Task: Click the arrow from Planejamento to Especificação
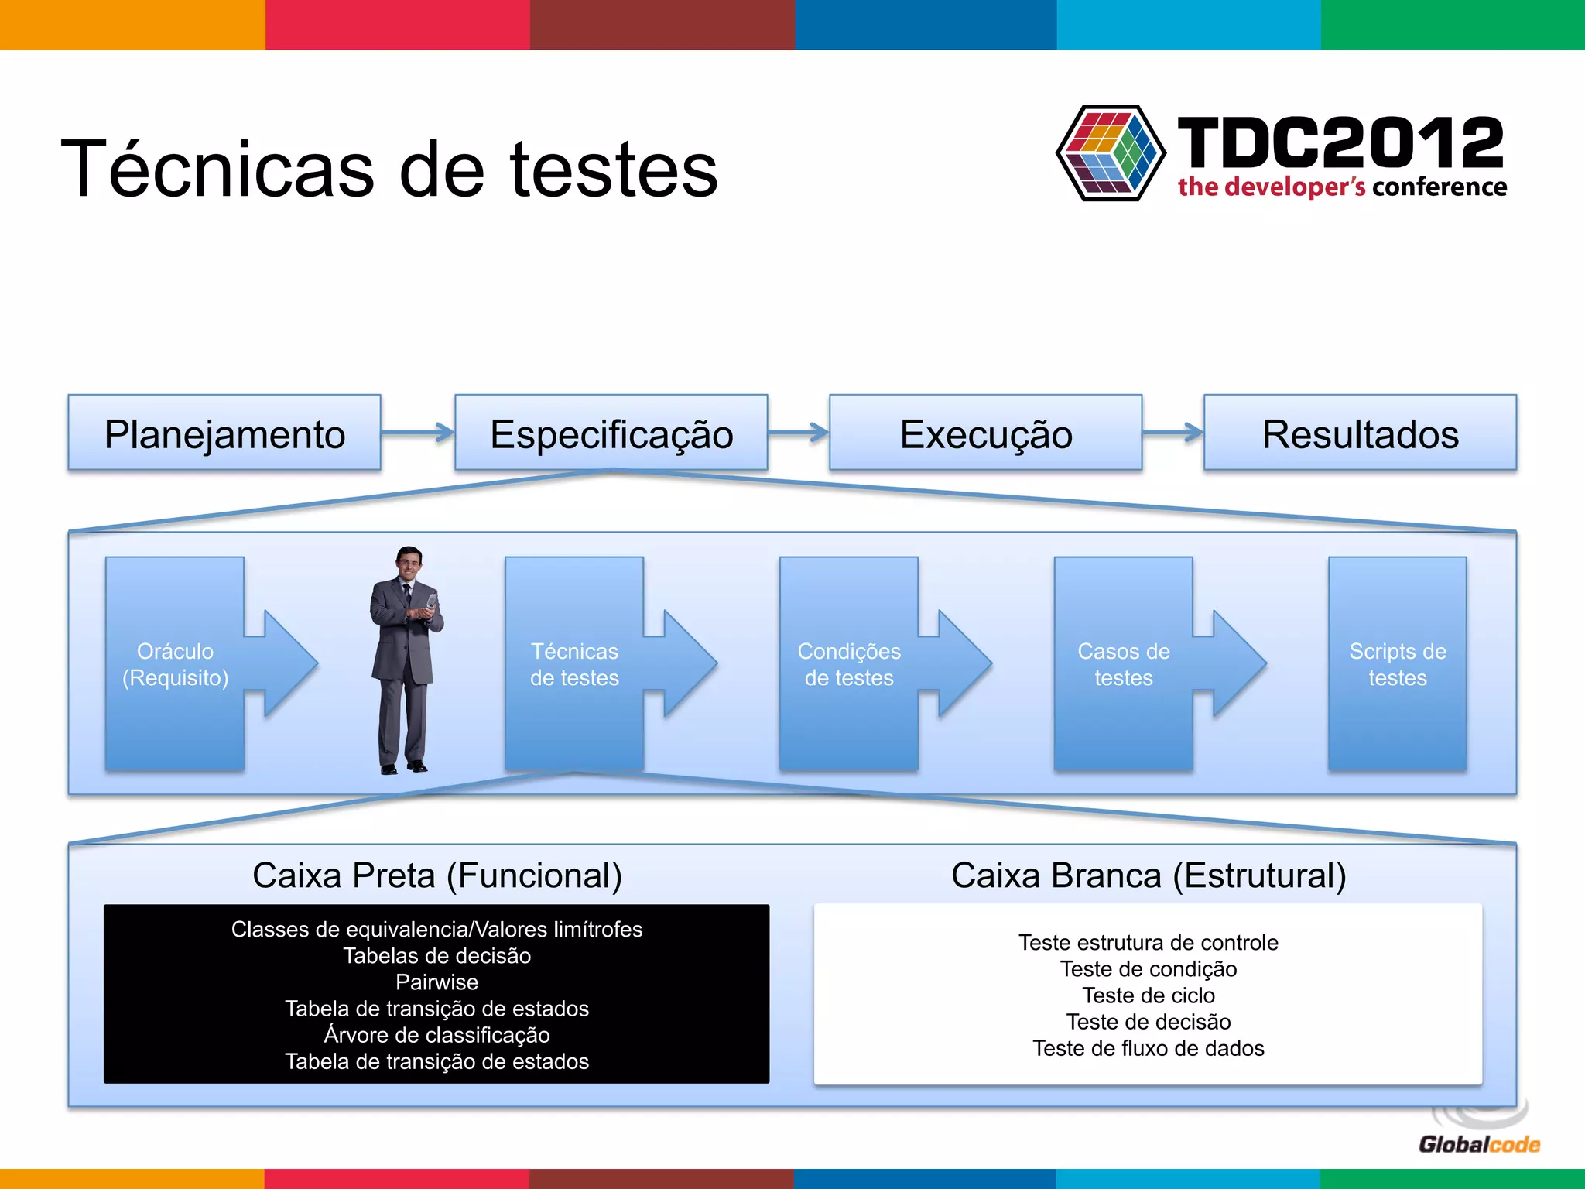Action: pyautogui.click(x=418, y=432)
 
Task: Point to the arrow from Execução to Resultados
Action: pyautogui.click(x=1172, y=432)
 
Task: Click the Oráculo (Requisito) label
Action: pyautogui.click(x=176, y=664)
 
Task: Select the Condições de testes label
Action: pyautogui.click(x=849, y=664)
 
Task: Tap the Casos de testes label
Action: pyautogui.click(x=1123, y=664)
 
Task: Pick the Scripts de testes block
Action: pyautogui.click(x=1397, y=664)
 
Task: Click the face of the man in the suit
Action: pyautogui.click(x=408, y=562)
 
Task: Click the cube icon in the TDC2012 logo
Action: pyautogui.click(x=1111, y=153)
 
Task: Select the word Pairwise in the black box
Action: pyautogui.click(x=436, y=982)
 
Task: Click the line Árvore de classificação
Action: pyautogui.click(x=436, y=1035)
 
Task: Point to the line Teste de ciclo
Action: pyautogui.click(x=1148, y=995)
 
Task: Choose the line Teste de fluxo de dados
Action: pyautogui.click(x=1148, y=1048)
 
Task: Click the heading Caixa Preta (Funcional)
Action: pyautogui.click(x=437, y=875)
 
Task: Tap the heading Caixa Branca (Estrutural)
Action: pyautogui.click(x=1149, y=875)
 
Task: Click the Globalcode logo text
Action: pyautogui.click(x=1479, y=1144)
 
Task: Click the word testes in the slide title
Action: pyautogui.click(x=614, y=170)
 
